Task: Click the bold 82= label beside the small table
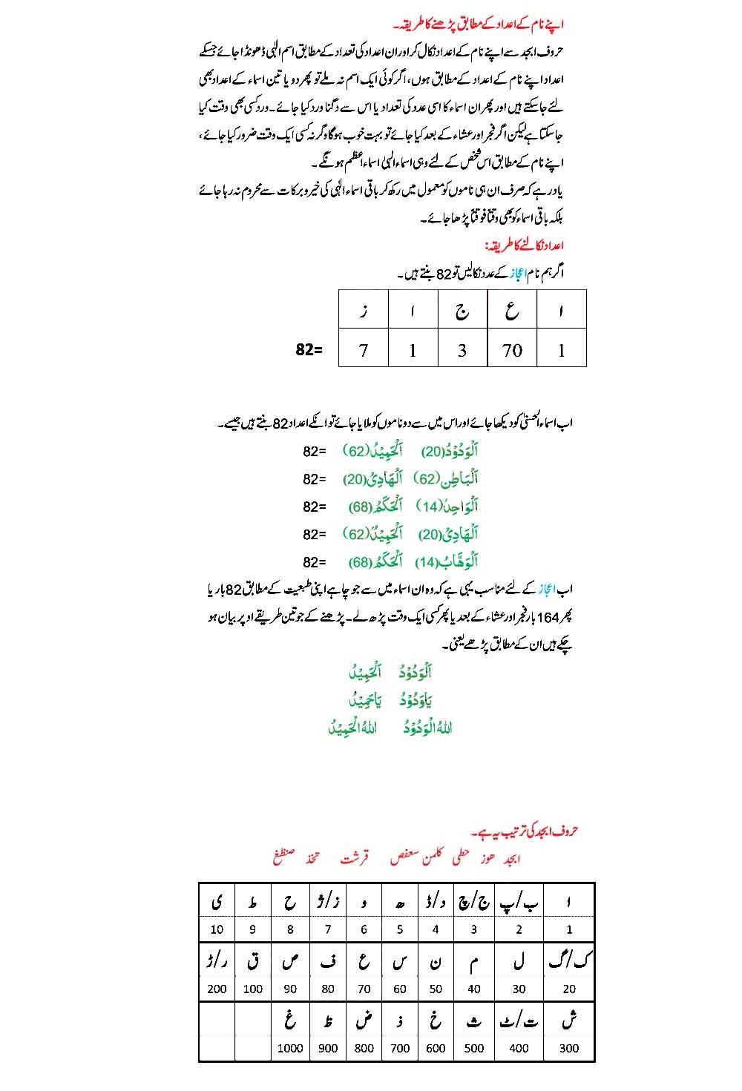[309, 350]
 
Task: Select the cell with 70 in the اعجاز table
[512, 350]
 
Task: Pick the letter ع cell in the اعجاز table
[512, 311]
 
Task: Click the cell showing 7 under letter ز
[364, 350]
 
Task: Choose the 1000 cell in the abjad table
[290, 1048]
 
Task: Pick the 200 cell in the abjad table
[217, 989]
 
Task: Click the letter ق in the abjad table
[253, 961]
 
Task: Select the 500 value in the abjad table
[474, 1048]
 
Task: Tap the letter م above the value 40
[474, 963]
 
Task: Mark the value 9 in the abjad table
[253, 929]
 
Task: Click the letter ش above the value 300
[569, 1021]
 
